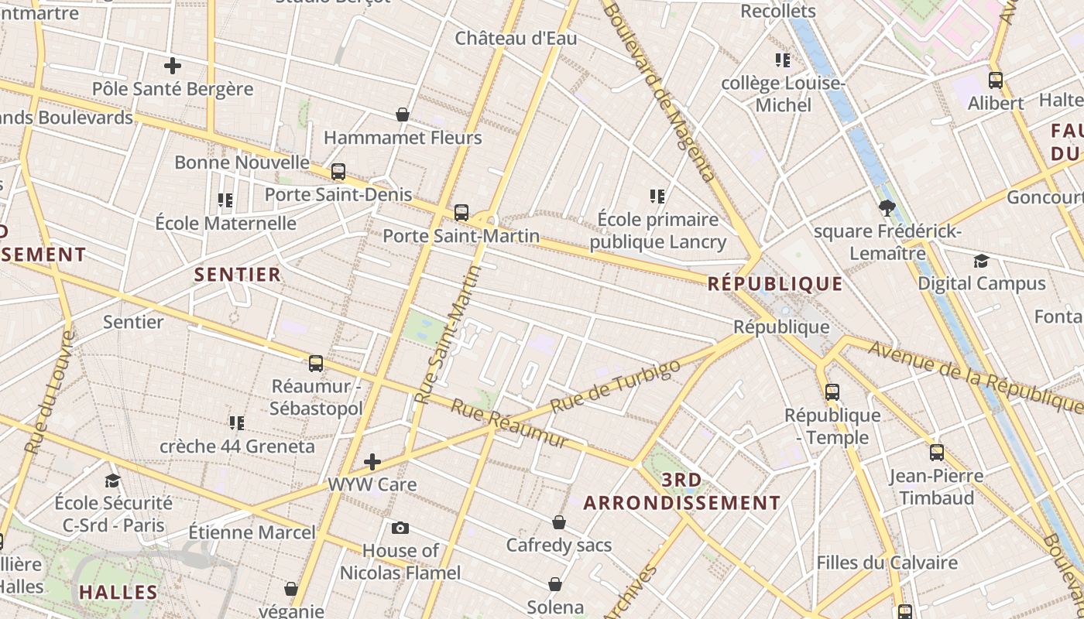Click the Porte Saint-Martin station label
coord(461,234)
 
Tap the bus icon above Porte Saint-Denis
coord(338,172)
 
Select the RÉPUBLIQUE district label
coord(775,284)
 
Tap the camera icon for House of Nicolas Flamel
coord(400,528)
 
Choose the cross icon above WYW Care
coord(372,462)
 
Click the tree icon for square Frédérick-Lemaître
coord(887,207)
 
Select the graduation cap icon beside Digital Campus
coord(982,261)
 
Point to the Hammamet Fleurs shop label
coord(403,139)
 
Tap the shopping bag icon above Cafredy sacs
coord(559,523)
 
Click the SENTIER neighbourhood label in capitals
coord(238,275)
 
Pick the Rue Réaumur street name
coord(509,423)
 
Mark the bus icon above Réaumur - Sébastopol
coord(316,364)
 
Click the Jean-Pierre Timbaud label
coord(936,487)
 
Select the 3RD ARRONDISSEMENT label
coord(681,491)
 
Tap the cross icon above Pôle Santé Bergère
coord(173,66)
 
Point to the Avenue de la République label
coord(974,375)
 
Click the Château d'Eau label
coord(505,38)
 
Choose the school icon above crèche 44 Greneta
coord(237,423)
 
